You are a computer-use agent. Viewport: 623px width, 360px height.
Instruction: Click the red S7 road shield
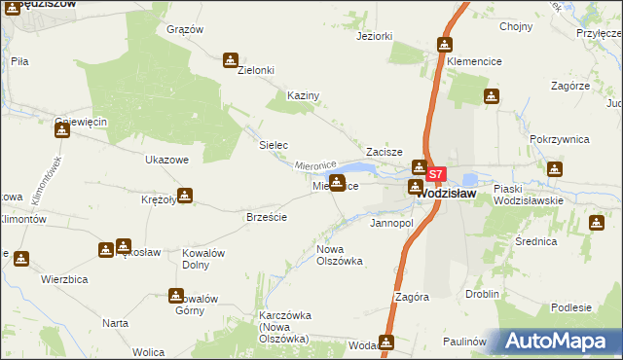click(x=436, y=175)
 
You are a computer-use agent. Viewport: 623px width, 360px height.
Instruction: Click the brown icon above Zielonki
click(x=231, y=59)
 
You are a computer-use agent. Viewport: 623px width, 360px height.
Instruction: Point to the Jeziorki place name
click(x=375, y=37)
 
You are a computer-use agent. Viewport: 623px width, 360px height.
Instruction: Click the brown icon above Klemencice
click(x=445, y=45)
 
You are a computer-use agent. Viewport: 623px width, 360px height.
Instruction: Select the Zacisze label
click(x=385, y=153)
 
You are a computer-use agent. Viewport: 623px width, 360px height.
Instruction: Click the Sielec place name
click(x=273, y=145)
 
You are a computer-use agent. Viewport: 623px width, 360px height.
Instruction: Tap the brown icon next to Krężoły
click(x=184, y=196)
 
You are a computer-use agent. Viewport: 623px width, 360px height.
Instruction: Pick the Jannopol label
click(x=392, y=223)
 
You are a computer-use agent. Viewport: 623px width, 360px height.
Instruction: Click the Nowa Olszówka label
click(x=340, y=255)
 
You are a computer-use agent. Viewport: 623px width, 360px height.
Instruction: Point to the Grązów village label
click(x=185, y=29)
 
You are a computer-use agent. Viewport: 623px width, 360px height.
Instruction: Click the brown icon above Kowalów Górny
click(x=176, y=295)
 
